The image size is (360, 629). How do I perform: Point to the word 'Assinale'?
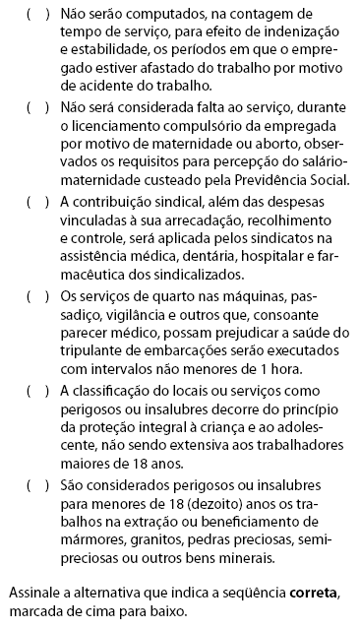(34, 594)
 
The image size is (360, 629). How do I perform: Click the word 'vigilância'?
(116, 319)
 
